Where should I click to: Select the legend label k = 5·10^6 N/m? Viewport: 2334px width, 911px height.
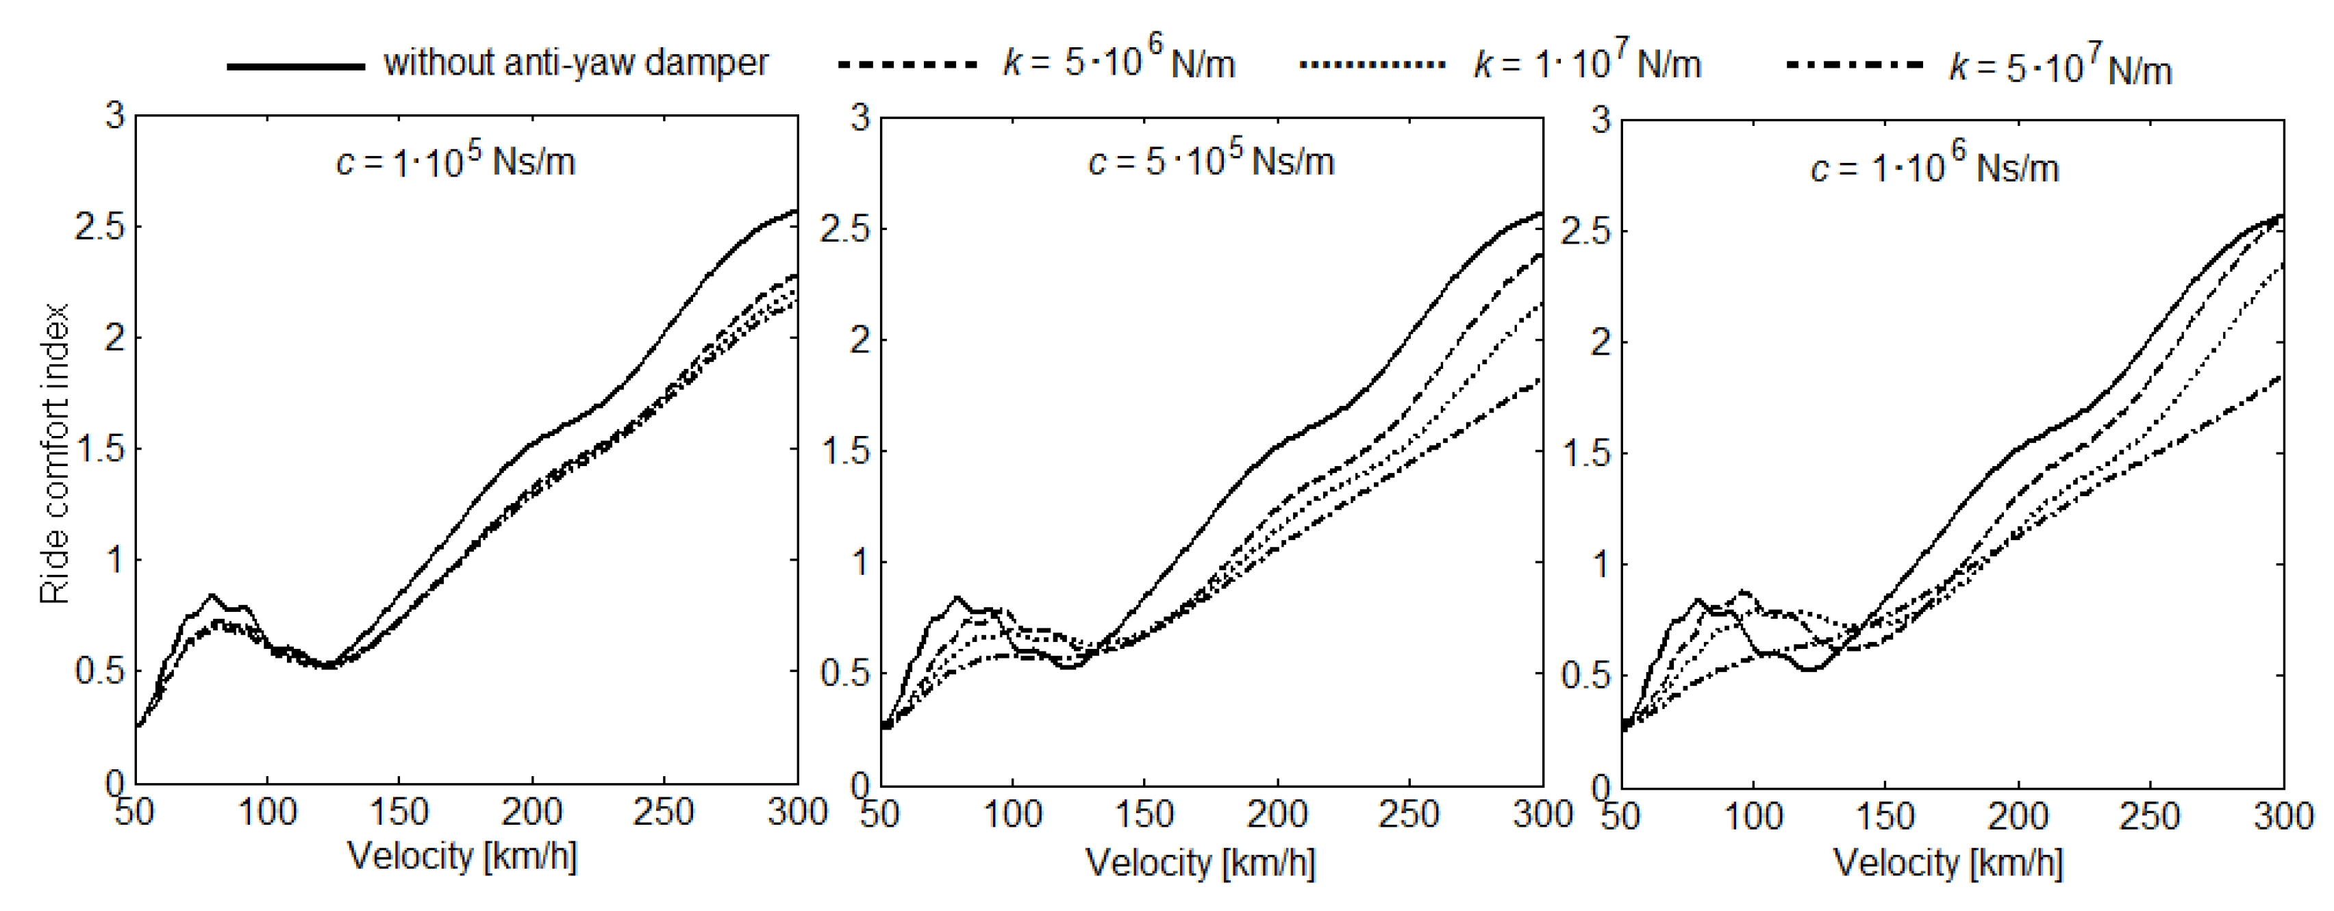1119,62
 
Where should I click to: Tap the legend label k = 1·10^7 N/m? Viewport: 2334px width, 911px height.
1588,62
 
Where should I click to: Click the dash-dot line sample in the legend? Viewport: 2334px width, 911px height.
1854,65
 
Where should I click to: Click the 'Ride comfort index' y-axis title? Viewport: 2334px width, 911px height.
54,453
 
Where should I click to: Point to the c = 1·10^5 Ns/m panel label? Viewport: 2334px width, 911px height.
455,162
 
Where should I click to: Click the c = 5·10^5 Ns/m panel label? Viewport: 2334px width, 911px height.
1211,162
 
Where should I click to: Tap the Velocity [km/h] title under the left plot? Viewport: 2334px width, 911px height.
462,856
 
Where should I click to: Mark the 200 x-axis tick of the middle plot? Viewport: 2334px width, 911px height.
1277,814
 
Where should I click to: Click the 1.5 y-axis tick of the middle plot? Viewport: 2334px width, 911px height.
844,451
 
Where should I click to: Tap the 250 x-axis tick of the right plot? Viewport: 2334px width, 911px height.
2149,817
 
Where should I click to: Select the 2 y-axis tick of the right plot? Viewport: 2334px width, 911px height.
1601,342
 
